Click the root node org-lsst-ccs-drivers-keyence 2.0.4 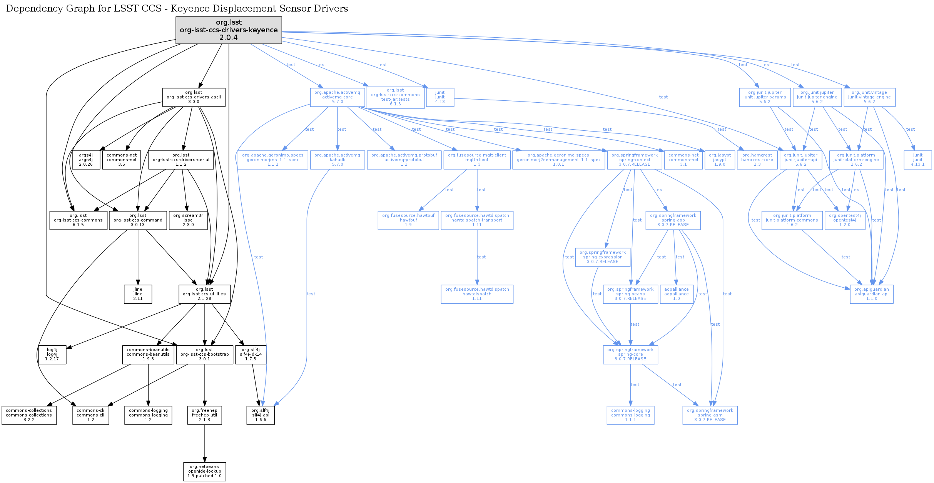pyautogui.click(x=229, y=30)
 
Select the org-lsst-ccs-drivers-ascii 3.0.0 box pyautogui.click(x=194, y=97)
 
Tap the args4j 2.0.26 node pyautogui.click(x=86, y=160)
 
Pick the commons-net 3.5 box pyautogui.click(x=122, y=160)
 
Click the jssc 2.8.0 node pyautogui.click(x=188, y=220)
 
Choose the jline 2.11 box pyautogui.click(x=138, y=294)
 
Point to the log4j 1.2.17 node pyautogui.click(x=52, y=355)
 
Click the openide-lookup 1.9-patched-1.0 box pyautogui.click(x=205, y=471)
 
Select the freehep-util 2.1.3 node pyautogui.click(x=205, y=415)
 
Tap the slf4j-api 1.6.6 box pyautogui.click(x=261, y=415)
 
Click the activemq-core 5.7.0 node pyautogui.click(x=338, y=97)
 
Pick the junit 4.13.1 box pyautogui.click(x=918, y=160)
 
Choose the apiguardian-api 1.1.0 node pyautogui.click(x=872, y=294)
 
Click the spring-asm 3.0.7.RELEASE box pyautogui.click(x=710, y=415)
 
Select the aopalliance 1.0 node pyautogui.click(x=677, y=294)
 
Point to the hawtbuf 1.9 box pyautogui.click(x=408, y=220)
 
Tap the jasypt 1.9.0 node pyautogui.click(x=720, y=160)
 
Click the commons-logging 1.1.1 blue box pyautogui.click(x=630, y=415)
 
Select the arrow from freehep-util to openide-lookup pyautogui.click(x=205, y=443)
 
